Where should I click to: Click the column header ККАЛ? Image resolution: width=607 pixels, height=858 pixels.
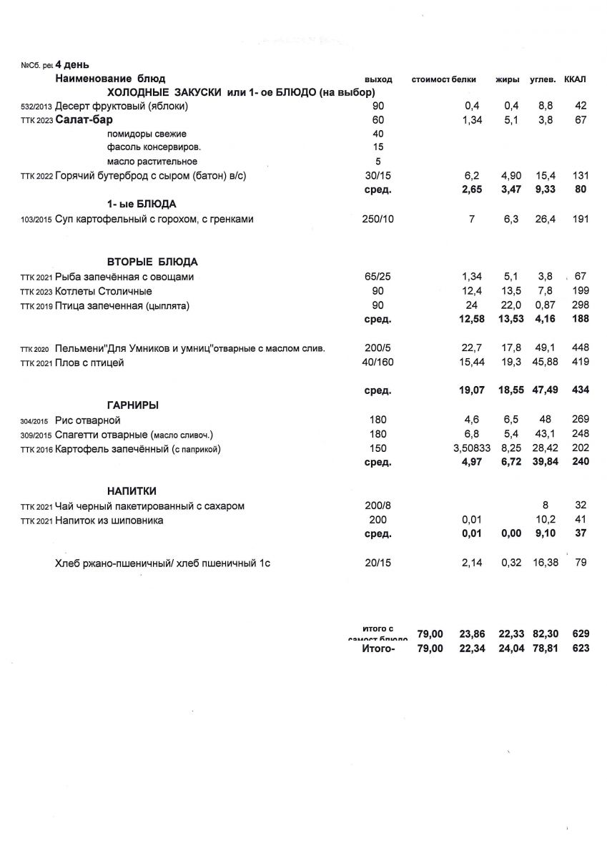[576, 78]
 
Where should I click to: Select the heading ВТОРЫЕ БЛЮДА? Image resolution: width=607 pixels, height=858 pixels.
[152, 262]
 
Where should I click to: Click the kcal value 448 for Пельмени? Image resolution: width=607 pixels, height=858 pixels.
[580, 348]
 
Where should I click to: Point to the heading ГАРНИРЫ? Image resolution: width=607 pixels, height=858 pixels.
[132, 405]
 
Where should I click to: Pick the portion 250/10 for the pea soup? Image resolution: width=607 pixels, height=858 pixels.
[378, 220]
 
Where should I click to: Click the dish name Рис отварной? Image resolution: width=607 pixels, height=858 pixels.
[88, 420]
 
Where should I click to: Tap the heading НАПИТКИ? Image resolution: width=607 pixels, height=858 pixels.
[132, 491]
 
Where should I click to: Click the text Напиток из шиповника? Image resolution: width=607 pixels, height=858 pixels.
[109, 521]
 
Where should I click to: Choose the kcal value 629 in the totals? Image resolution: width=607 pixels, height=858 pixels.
[581, 633]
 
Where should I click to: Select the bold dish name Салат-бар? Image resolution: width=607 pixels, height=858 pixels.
[84, 119]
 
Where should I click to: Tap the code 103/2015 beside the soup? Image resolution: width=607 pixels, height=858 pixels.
[36, 220]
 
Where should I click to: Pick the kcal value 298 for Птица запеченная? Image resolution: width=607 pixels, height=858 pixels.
[580, 305]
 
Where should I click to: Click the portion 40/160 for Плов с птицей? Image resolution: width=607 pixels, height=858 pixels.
[378, 363]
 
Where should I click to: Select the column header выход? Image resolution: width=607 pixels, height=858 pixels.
[378, 78]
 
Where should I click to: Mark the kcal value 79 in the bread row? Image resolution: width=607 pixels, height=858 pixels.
[581, 563]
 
